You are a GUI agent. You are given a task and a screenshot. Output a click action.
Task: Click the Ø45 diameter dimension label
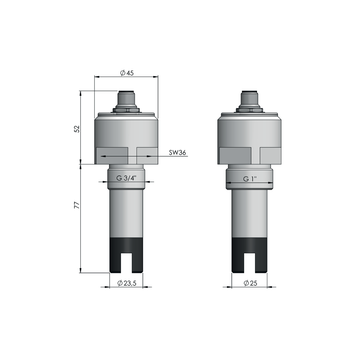[x=127, y=71]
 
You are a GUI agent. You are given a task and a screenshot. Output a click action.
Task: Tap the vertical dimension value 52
[x=79, y=129]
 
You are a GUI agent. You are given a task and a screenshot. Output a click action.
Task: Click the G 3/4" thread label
[x=127, y=177]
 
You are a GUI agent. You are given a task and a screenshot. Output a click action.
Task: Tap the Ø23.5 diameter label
[x=128, y=285]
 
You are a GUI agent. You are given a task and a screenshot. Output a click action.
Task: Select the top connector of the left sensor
[x=127, y=99]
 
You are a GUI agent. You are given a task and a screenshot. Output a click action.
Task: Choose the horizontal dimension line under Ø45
[x=127, y=78]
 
